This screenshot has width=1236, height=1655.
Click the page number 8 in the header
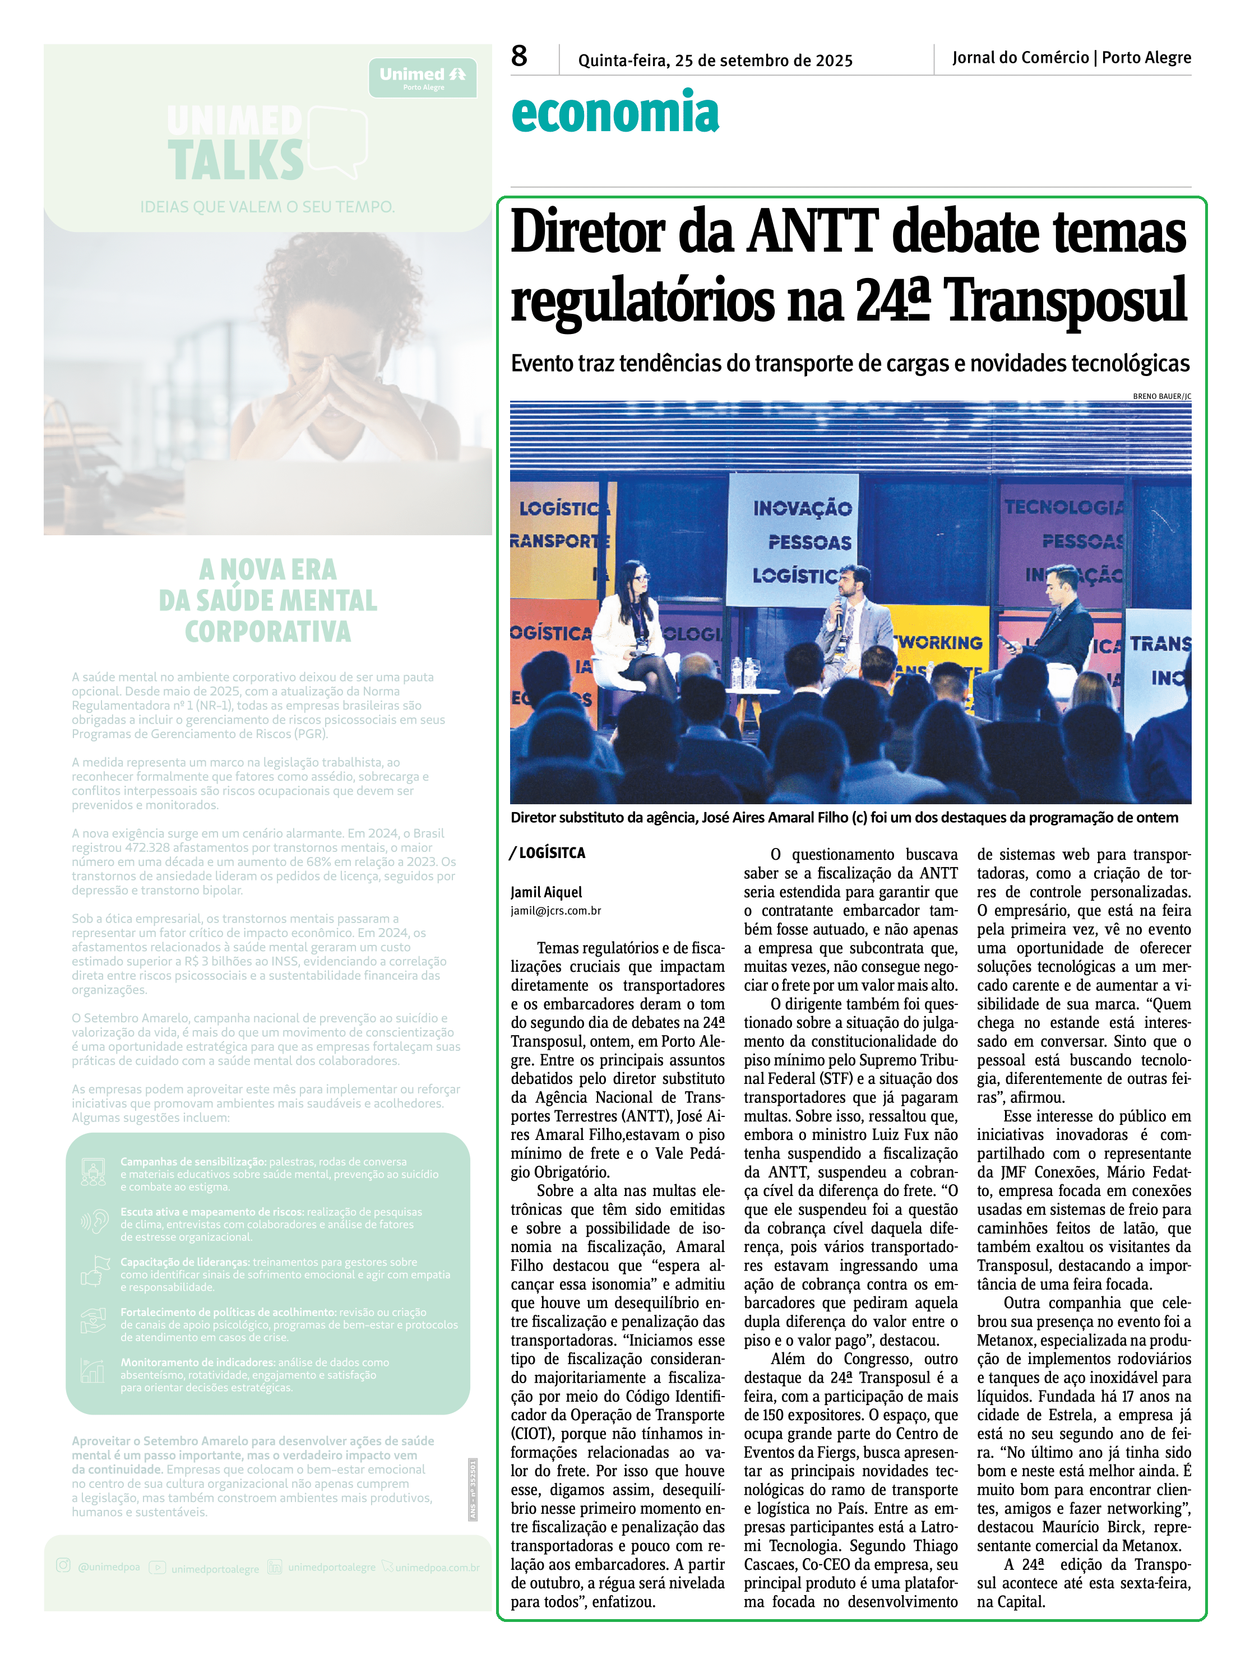pyautogui.click(x=519, y=56)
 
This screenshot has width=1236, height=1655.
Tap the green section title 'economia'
pyautogui.click(x=615, y=113)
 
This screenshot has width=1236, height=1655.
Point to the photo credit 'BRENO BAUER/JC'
pyautogui.click(x=1161, y=396)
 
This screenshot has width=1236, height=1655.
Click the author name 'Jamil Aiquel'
pyautogui.click(x=546, y=892)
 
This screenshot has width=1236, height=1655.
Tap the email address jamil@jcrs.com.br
pyautogui.click(x=556, y=911)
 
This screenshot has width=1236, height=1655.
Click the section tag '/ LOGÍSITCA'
pyautogui.click(x=548, y=852)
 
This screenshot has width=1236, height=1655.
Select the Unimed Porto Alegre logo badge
pyautogui.click(x=423, y=78)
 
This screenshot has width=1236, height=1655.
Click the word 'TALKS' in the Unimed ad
pyautogui.click(x=235, y=160)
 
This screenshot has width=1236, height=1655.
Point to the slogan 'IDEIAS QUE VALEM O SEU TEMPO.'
pyautogui.click(x=267, y=207)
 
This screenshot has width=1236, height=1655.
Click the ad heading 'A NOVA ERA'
pyautogui.click(x=268, y=570)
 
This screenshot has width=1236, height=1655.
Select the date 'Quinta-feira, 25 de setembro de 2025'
pyautogui.click(x=715, y=61)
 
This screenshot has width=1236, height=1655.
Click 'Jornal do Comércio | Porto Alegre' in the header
pyautogui.click(x=1071, y=58)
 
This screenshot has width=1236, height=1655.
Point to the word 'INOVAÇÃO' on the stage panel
pyautogui.click(x=802, y=508)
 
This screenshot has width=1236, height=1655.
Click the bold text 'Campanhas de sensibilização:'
pyautogui.click(x=193, y=1161)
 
